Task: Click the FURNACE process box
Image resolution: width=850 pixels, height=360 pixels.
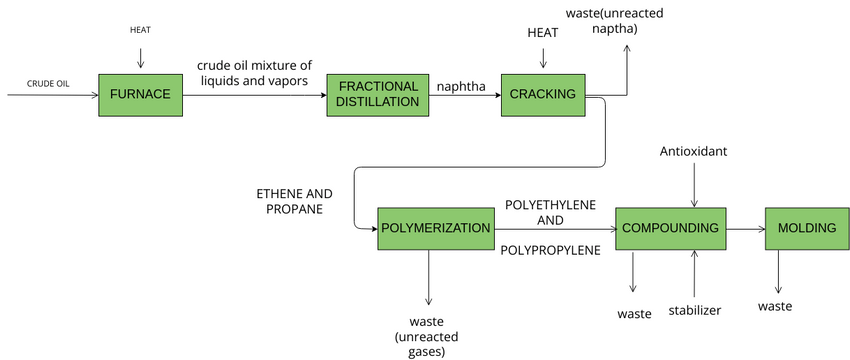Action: tap(141, 95)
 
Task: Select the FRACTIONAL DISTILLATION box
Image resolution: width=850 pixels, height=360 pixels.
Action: tap(371, 95)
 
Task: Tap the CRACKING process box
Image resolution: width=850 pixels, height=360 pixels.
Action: tap(543, 95)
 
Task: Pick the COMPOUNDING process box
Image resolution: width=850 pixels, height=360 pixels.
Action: tap(670, 228)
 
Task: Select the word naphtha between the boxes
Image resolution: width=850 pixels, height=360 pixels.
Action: tap(461, 86)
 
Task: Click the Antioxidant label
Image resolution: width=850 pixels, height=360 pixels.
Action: tap(693, 151)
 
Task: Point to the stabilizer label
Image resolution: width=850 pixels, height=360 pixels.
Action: tap(694, 312)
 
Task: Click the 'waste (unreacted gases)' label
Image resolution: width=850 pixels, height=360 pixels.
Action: tap(427, 336)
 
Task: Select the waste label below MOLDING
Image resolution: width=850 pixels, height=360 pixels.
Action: tap(775, 305)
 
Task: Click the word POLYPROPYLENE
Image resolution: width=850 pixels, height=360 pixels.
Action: tap(550, 250)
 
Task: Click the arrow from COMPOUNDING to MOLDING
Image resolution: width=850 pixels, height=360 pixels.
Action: tap(745, 229)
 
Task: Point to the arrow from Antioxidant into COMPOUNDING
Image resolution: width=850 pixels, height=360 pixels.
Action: tap(693, 185)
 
